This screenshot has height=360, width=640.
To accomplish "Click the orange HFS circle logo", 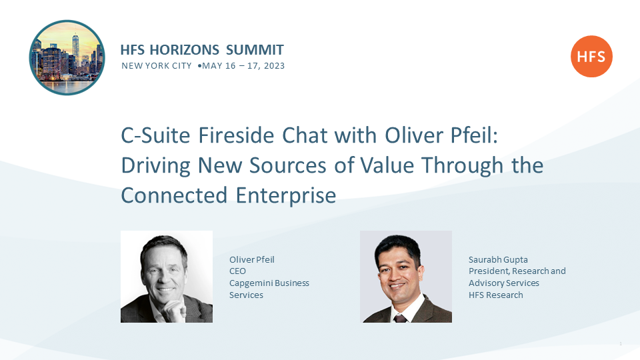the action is (x=591, y=56).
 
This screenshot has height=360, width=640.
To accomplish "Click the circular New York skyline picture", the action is (x=67, y=57).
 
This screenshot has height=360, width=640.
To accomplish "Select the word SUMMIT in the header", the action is (x=255, y=50).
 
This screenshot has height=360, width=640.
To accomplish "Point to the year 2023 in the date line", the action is (x=274, y=66).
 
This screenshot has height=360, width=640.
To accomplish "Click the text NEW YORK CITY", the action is (x=156, y=66).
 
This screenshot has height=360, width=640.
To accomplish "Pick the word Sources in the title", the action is (x=288, y=165).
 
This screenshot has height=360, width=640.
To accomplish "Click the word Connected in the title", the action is (x=174, y=195).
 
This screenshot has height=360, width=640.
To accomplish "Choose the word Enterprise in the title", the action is (x=286, y=196).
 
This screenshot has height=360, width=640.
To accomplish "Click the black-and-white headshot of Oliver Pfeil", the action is (x=167, y=277).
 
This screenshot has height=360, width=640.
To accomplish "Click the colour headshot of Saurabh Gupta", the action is (x=406, y=277).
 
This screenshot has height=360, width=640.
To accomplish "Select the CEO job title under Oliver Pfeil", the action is (x=237, y=271).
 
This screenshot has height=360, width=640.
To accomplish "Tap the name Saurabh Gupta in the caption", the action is (x=498, y=260).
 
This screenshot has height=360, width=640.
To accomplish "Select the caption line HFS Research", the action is (x=495, y=295).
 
